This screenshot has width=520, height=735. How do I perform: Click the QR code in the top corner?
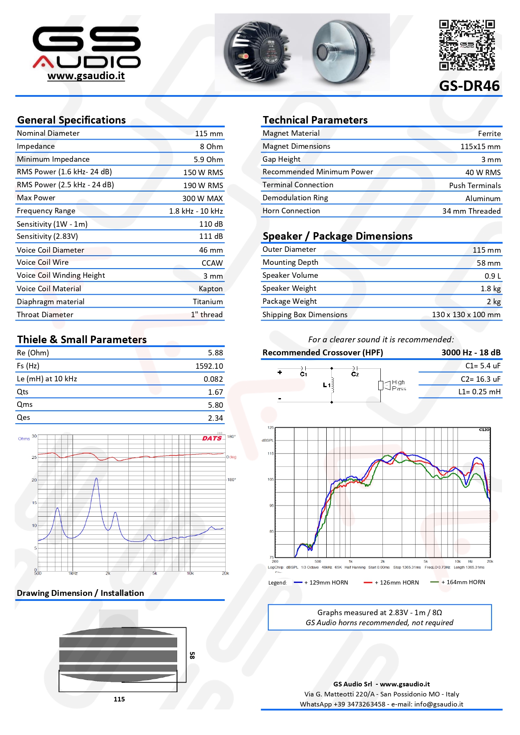pos(467,45)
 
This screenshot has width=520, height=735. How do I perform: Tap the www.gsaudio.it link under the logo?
pos(86,76)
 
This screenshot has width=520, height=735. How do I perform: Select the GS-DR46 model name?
pos(469,86)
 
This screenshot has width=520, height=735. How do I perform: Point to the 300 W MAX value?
pos(203,199)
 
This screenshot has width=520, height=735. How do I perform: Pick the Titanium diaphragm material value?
pos(208,302)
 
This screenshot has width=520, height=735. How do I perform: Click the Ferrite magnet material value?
pos(489,134)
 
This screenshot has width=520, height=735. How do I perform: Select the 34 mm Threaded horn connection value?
pos(471,211)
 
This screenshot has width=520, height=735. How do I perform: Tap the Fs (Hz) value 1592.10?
pos(209,366)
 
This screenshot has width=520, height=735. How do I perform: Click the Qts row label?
pos(23,392)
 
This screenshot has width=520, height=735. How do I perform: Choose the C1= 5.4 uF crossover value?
pos(483,366)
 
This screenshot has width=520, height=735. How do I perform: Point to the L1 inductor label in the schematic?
pos(326,385)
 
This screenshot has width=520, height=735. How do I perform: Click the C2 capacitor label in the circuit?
pos(355,374)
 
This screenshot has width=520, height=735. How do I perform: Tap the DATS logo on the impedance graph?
pos(212,438)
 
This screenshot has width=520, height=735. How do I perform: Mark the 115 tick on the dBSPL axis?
pos(270,454)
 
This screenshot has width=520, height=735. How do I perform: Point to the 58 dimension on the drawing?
pos(192,655)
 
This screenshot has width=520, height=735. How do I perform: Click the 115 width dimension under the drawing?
pos(119,699)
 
